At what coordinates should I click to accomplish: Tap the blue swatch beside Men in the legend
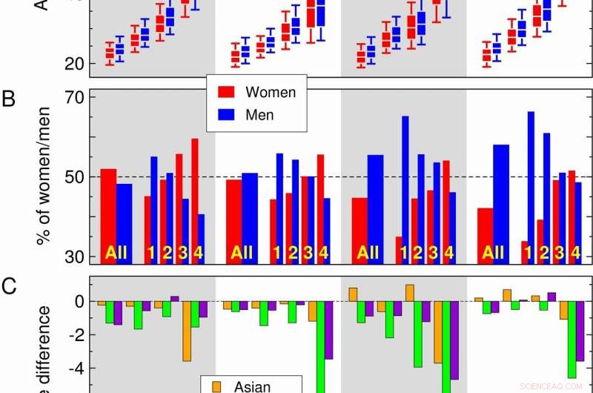coord(226,114)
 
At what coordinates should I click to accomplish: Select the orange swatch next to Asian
coord(216,386)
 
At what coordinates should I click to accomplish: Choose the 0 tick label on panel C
coord(77,302)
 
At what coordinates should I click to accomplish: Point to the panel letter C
coord(8,285)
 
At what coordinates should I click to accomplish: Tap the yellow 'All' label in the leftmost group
coord(116,253)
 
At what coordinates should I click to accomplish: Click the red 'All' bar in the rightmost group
coord(485,234)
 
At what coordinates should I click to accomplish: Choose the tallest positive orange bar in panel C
coord(410,293)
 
